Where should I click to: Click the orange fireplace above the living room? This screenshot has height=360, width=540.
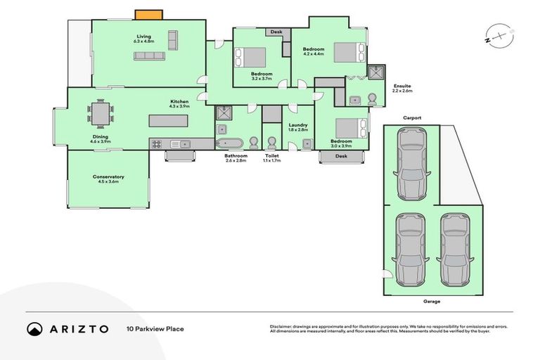tap(148, 14)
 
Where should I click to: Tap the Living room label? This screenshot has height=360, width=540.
tap(144, 39)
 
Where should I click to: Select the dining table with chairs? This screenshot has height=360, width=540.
tap(101, 112)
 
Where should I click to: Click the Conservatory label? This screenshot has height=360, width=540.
tap(108, 179)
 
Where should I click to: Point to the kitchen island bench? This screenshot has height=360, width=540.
tap(168, 121)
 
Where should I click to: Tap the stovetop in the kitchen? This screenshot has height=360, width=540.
tap(156, 144)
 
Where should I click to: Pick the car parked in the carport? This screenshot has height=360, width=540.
tap(411, 164)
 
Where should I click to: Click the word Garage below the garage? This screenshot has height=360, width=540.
tap(432, 301)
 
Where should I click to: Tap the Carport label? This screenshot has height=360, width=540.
tap(412, 118)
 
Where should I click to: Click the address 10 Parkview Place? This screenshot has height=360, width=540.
tap(155, 328)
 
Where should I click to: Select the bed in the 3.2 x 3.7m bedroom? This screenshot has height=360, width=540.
tap(251, 56)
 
